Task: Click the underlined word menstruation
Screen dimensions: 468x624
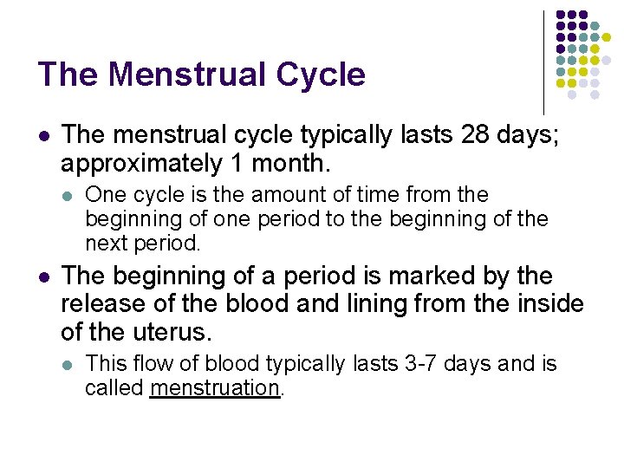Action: point(215,387)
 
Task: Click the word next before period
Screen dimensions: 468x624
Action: point(107,242)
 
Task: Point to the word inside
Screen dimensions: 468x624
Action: point(547,303)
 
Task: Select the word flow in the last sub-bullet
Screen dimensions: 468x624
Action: point(148,364)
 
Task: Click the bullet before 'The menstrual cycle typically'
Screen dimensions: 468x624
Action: point(44,136)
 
